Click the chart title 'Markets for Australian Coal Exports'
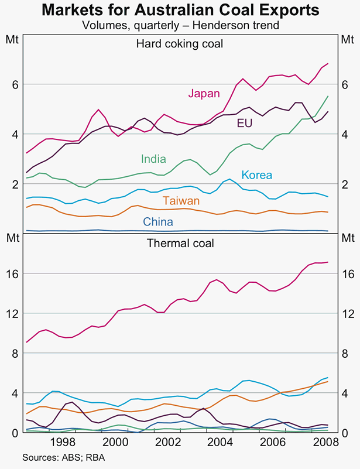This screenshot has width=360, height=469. [x=180, y=11]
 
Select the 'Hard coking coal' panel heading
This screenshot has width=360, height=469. [x=180, y=43]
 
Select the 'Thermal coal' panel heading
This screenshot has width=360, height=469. [x=180, y=242]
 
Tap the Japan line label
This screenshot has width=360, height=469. [x=204, y=93]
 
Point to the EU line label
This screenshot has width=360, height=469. [x=244, y=123]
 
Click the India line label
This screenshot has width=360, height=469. [x=153, y=159]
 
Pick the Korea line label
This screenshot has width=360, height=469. [x=257, y=174]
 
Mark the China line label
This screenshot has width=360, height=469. [x=158, y=222]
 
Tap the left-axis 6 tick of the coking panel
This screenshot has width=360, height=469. [x=15, y=84]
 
